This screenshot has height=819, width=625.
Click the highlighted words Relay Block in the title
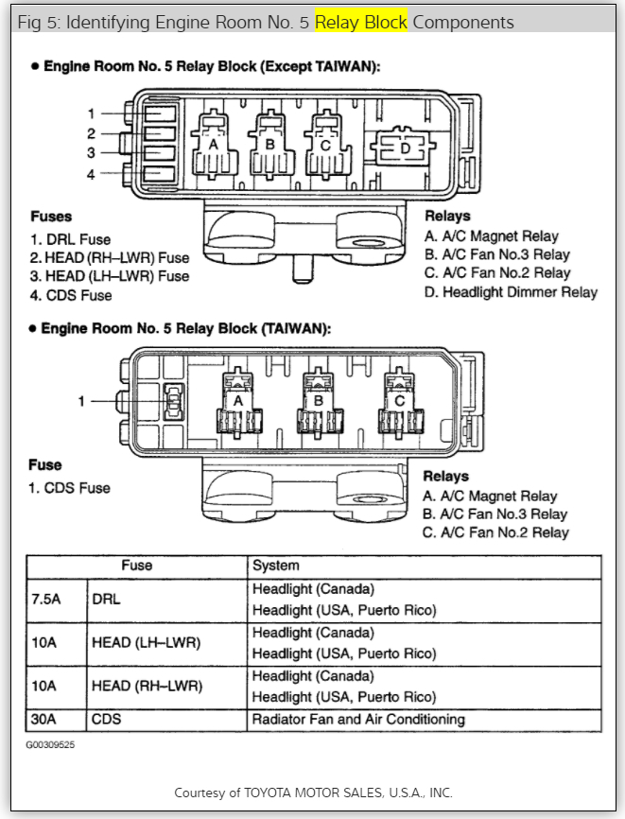[x=361, y=22]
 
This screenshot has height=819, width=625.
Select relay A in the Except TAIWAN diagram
[x=214, y=147]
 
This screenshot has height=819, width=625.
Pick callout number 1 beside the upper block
[x=92, y=113]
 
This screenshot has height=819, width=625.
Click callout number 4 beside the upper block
[x=92, y=173]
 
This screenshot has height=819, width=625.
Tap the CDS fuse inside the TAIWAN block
[x=174, y=402]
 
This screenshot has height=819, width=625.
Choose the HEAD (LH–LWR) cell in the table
[x=147, y=643]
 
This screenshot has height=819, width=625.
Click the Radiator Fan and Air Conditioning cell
[x=358, y=720]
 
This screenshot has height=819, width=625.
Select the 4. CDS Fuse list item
[x=71, y=295]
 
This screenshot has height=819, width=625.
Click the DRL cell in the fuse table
[x=106, y=600]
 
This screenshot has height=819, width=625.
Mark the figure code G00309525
[x=50, y=745]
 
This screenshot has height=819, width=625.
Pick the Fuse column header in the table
[x=136, y=566]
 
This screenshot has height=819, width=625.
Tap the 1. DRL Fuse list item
[x=71, y=239]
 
